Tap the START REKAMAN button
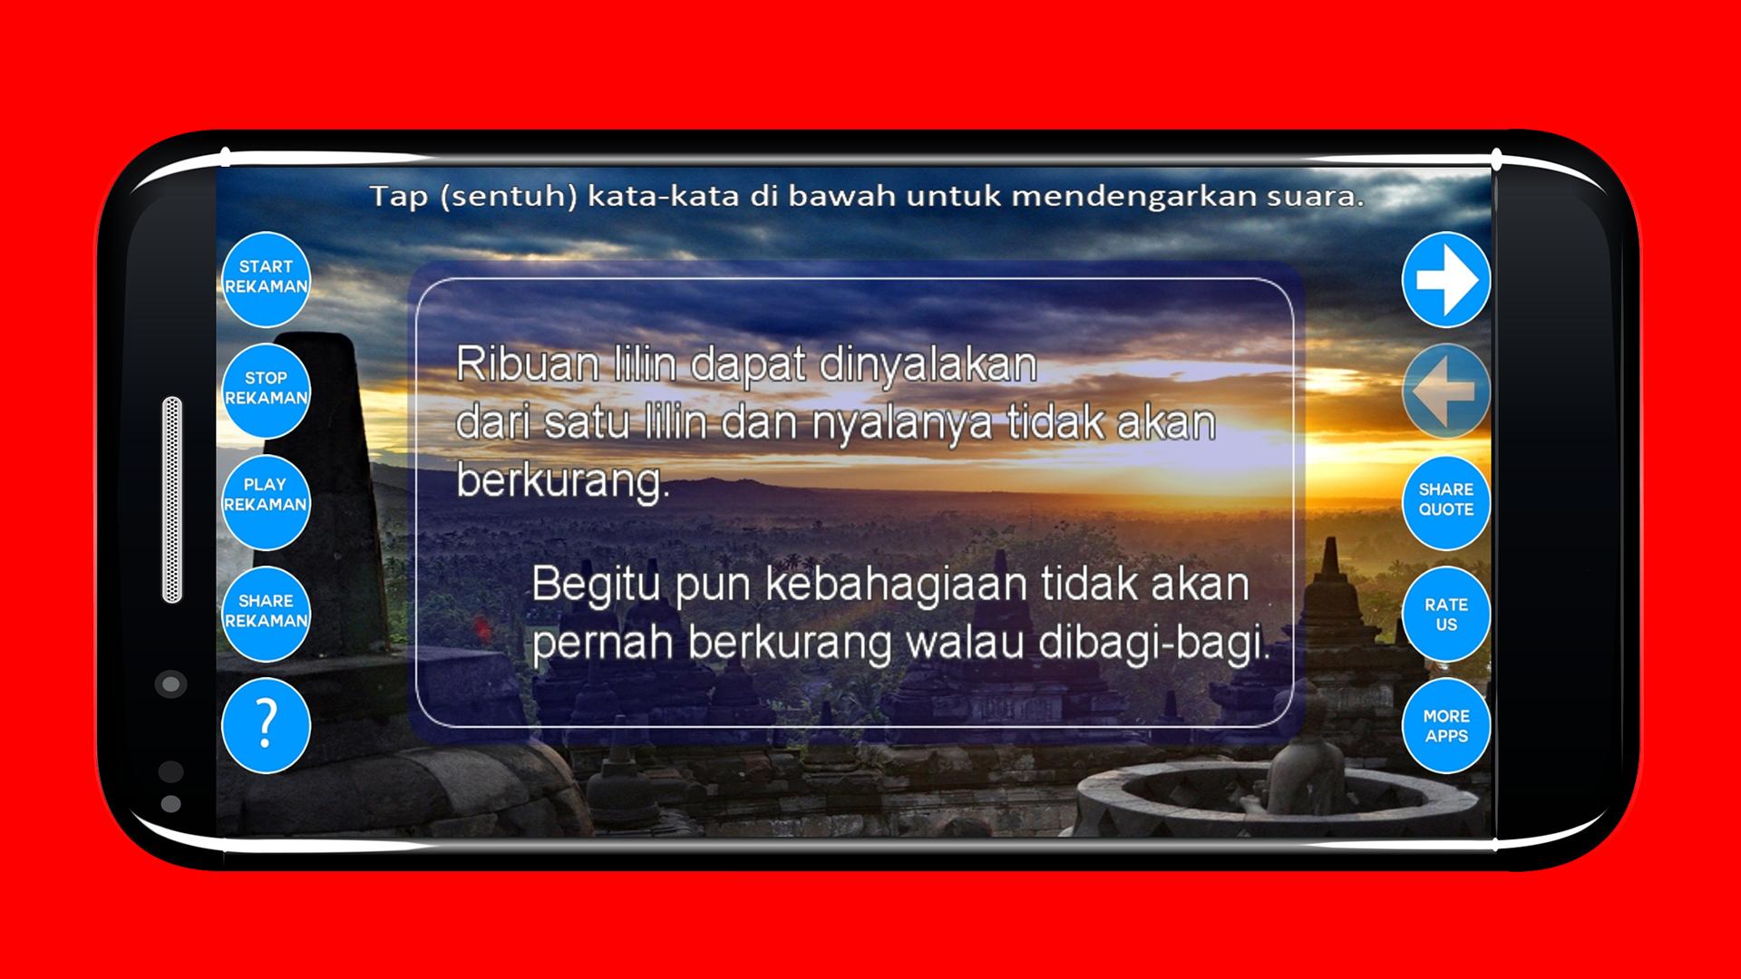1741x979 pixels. point(266,278)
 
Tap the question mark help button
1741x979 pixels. point(266,725)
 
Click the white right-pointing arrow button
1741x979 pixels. point(1446,279)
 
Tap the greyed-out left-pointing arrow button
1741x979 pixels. point(1446,391)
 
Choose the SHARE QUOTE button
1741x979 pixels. point(1446,501)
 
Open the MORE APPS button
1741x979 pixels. point(1446,725)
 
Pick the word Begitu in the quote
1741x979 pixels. point(597,586)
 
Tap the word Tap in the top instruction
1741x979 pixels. point(399,196)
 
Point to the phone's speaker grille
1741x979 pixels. point(172,499)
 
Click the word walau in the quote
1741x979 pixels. point(967,644)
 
